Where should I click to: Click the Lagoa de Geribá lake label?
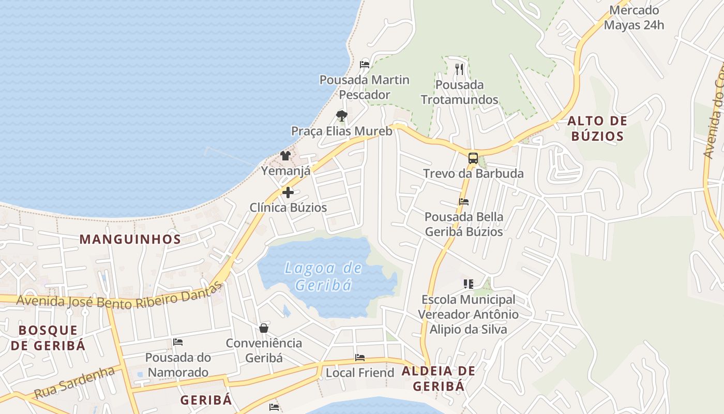(323, 276)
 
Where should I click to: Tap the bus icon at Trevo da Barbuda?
(473, 158)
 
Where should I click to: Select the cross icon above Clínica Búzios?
(288, 193)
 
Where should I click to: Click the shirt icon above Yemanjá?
(285, 155)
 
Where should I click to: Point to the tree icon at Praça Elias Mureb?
(341, 116)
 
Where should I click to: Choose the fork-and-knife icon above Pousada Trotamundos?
(459, 69)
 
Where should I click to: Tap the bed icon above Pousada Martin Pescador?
(365, 65)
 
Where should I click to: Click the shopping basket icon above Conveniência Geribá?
(264, 328)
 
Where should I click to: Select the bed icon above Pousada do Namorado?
(178, 342)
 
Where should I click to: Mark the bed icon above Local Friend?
(360, 358)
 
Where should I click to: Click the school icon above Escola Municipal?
(468, 284)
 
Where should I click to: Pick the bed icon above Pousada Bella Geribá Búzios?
(464, 202)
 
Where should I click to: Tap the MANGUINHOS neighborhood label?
(130, 239)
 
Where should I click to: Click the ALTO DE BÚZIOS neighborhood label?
(597, 128)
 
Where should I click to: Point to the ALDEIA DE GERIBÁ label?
(439, 378)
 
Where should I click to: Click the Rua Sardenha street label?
(74, 382)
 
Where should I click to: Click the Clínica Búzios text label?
(288, 208)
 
